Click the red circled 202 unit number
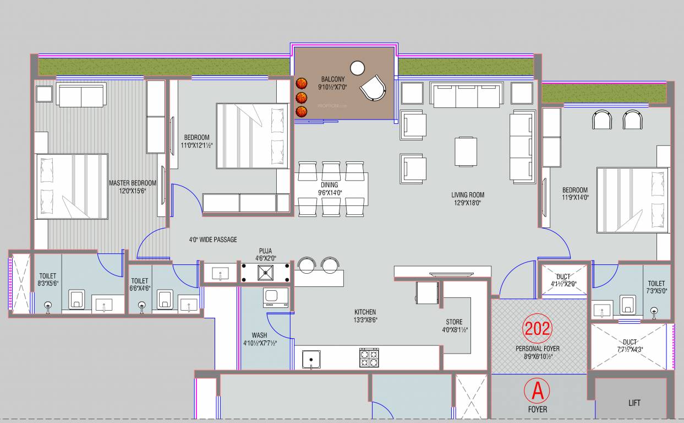[x=537, y=328]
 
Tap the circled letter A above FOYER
[x=537, y=391]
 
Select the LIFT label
[x=634, y=403]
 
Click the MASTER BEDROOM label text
[x=132, y=183]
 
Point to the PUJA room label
[x=266, y=251]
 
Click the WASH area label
[x=259, y=335]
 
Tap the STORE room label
[x=454, y=322]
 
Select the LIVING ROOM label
[x=468, y=195]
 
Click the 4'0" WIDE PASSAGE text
[x=213, y=240]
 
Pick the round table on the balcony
[x=358, y=68]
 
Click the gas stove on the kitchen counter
[x=369, y=359]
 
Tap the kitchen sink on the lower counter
[x=311, y=360]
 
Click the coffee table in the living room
[x=466, y=151]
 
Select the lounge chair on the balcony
[x=373, y=87]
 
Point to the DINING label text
[x=329, y=185]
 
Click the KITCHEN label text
[x=365, y=312]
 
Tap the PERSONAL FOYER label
[x=537, y=349]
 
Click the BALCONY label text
[x=333, y=79]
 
